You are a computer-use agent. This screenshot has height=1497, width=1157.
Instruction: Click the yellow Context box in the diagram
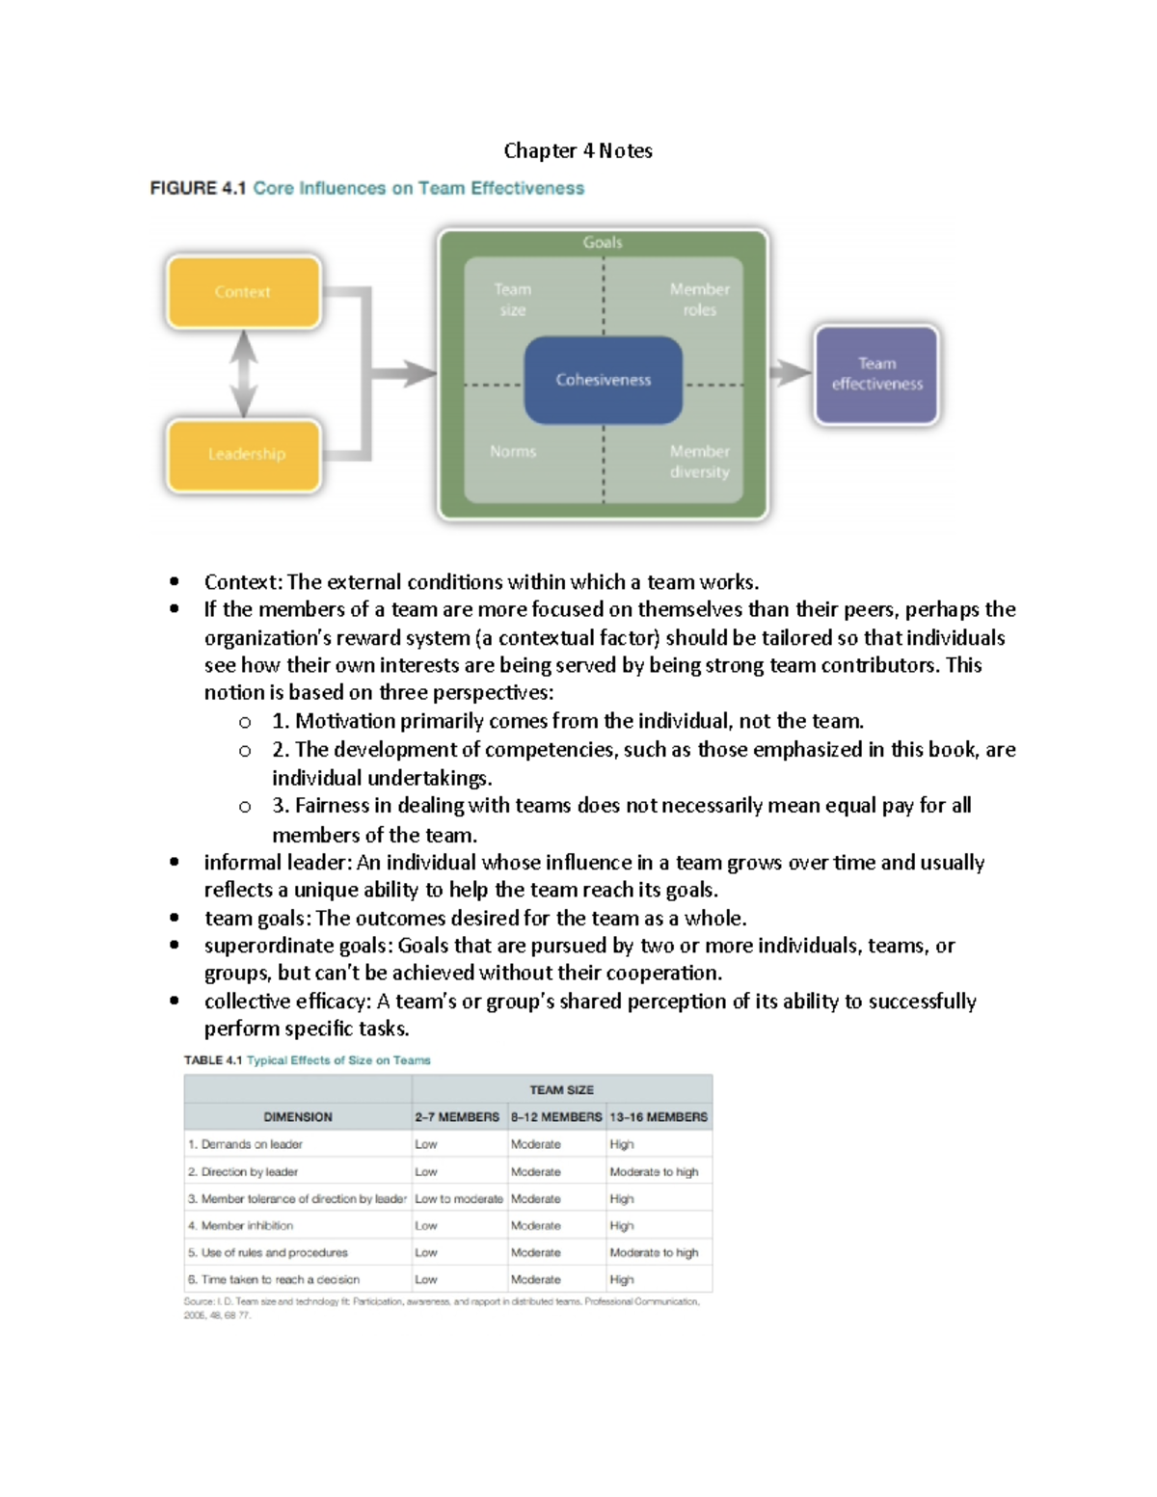click(243, 292)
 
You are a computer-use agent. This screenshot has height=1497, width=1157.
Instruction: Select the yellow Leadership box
click(243, 454)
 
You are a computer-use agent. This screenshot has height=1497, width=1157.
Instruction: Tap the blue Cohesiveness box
click(603, 380)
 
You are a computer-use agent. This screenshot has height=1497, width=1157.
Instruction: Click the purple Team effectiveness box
click(876, 374)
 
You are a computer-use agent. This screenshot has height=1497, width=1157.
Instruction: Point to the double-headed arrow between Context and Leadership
click(244, 373)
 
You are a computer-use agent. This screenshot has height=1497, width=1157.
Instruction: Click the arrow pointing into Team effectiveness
click(791, 373)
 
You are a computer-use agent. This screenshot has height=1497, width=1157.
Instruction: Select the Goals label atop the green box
click(603, 243)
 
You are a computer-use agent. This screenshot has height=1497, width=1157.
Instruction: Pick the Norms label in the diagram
click(513, 451)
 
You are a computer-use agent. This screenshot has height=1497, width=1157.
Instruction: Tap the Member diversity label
click(699, 462)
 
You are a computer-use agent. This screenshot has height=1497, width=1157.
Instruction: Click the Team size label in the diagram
click(512, 300)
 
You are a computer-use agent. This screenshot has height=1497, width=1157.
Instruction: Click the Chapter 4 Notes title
click(578, 150)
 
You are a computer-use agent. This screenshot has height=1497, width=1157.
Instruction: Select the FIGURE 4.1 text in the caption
click(198, 188)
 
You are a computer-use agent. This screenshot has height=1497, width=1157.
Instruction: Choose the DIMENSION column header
click(298, 1116)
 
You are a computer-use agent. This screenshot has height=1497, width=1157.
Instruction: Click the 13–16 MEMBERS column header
click(659, 1116)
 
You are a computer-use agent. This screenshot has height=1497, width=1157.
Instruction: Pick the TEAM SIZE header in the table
click(561, 1089)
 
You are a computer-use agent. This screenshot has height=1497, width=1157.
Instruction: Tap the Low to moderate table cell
click(459, 1198)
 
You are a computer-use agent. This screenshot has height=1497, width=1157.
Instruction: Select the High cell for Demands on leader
click(622, 1144)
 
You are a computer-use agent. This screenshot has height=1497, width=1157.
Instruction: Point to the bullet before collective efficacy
click(174, 1001)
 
